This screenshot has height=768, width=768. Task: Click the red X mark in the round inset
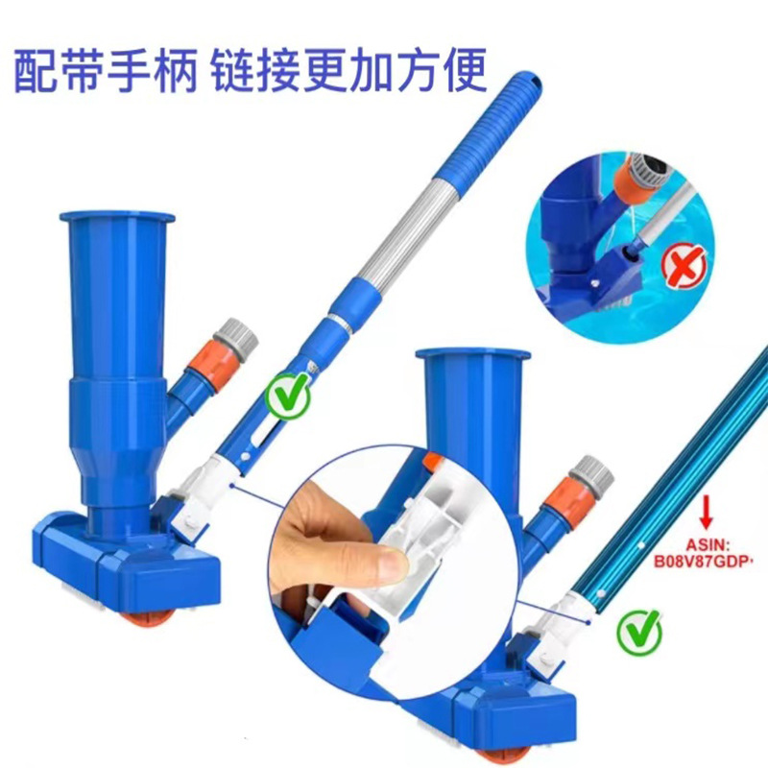(684, 266)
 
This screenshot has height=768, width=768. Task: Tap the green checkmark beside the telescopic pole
(288, 396)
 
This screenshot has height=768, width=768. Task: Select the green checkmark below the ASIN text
(639, 632)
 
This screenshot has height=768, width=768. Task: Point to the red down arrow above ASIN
(706, 513)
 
